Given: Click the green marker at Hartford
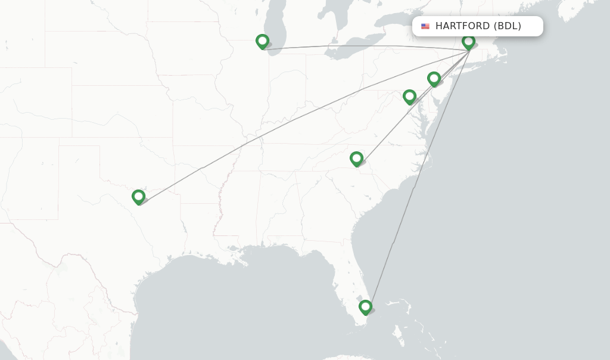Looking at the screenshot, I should (x=468, y=42).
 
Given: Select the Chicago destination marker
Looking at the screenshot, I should (x=262, y=41).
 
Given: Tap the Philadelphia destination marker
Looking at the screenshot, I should (x=434, y=79).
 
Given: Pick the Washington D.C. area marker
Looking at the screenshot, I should (x=409, y=97).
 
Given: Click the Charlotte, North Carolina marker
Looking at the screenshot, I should (x=356, y=159).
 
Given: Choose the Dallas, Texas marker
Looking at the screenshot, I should (x=138, y=197).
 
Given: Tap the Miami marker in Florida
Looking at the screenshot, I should (x=365, y=307).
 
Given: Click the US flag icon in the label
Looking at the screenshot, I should (x=425, y=26).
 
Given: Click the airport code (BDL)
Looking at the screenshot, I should (x=508, y=26).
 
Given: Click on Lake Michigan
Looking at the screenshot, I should (x=275, y=24).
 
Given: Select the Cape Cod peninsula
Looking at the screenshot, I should (x=503, y=55).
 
